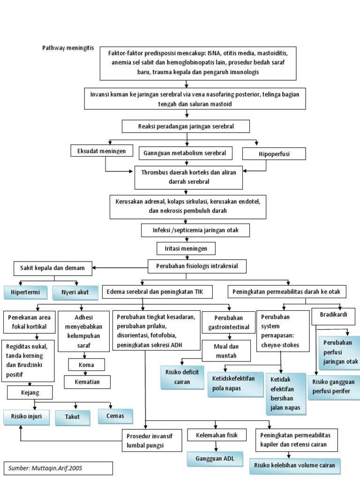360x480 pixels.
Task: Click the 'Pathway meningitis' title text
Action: click(x=68, y=48)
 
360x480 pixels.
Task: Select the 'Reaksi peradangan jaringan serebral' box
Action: click(x=186, y=127)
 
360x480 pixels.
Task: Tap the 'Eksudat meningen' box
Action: click(x=99, y=151)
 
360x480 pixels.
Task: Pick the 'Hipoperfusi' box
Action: click(x=274, y=153)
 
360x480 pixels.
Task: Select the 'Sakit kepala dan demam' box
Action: click(x=52, y=268)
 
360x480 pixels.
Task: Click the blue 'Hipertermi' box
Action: click(x=25, y=293)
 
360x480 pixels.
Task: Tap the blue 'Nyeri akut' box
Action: click(x=75, y=293)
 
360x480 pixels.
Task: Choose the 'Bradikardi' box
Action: click(x=333, y=315)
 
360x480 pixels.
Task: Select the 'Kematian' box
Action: click(x=87, y=382)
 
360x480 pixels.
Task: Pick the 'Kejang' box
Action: click(x=29, y=392)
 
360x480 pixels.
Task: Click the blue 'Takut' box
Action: click(x=73, y=417)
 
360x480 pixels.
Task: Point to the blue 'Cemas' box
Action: click(x=115, y=416)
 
